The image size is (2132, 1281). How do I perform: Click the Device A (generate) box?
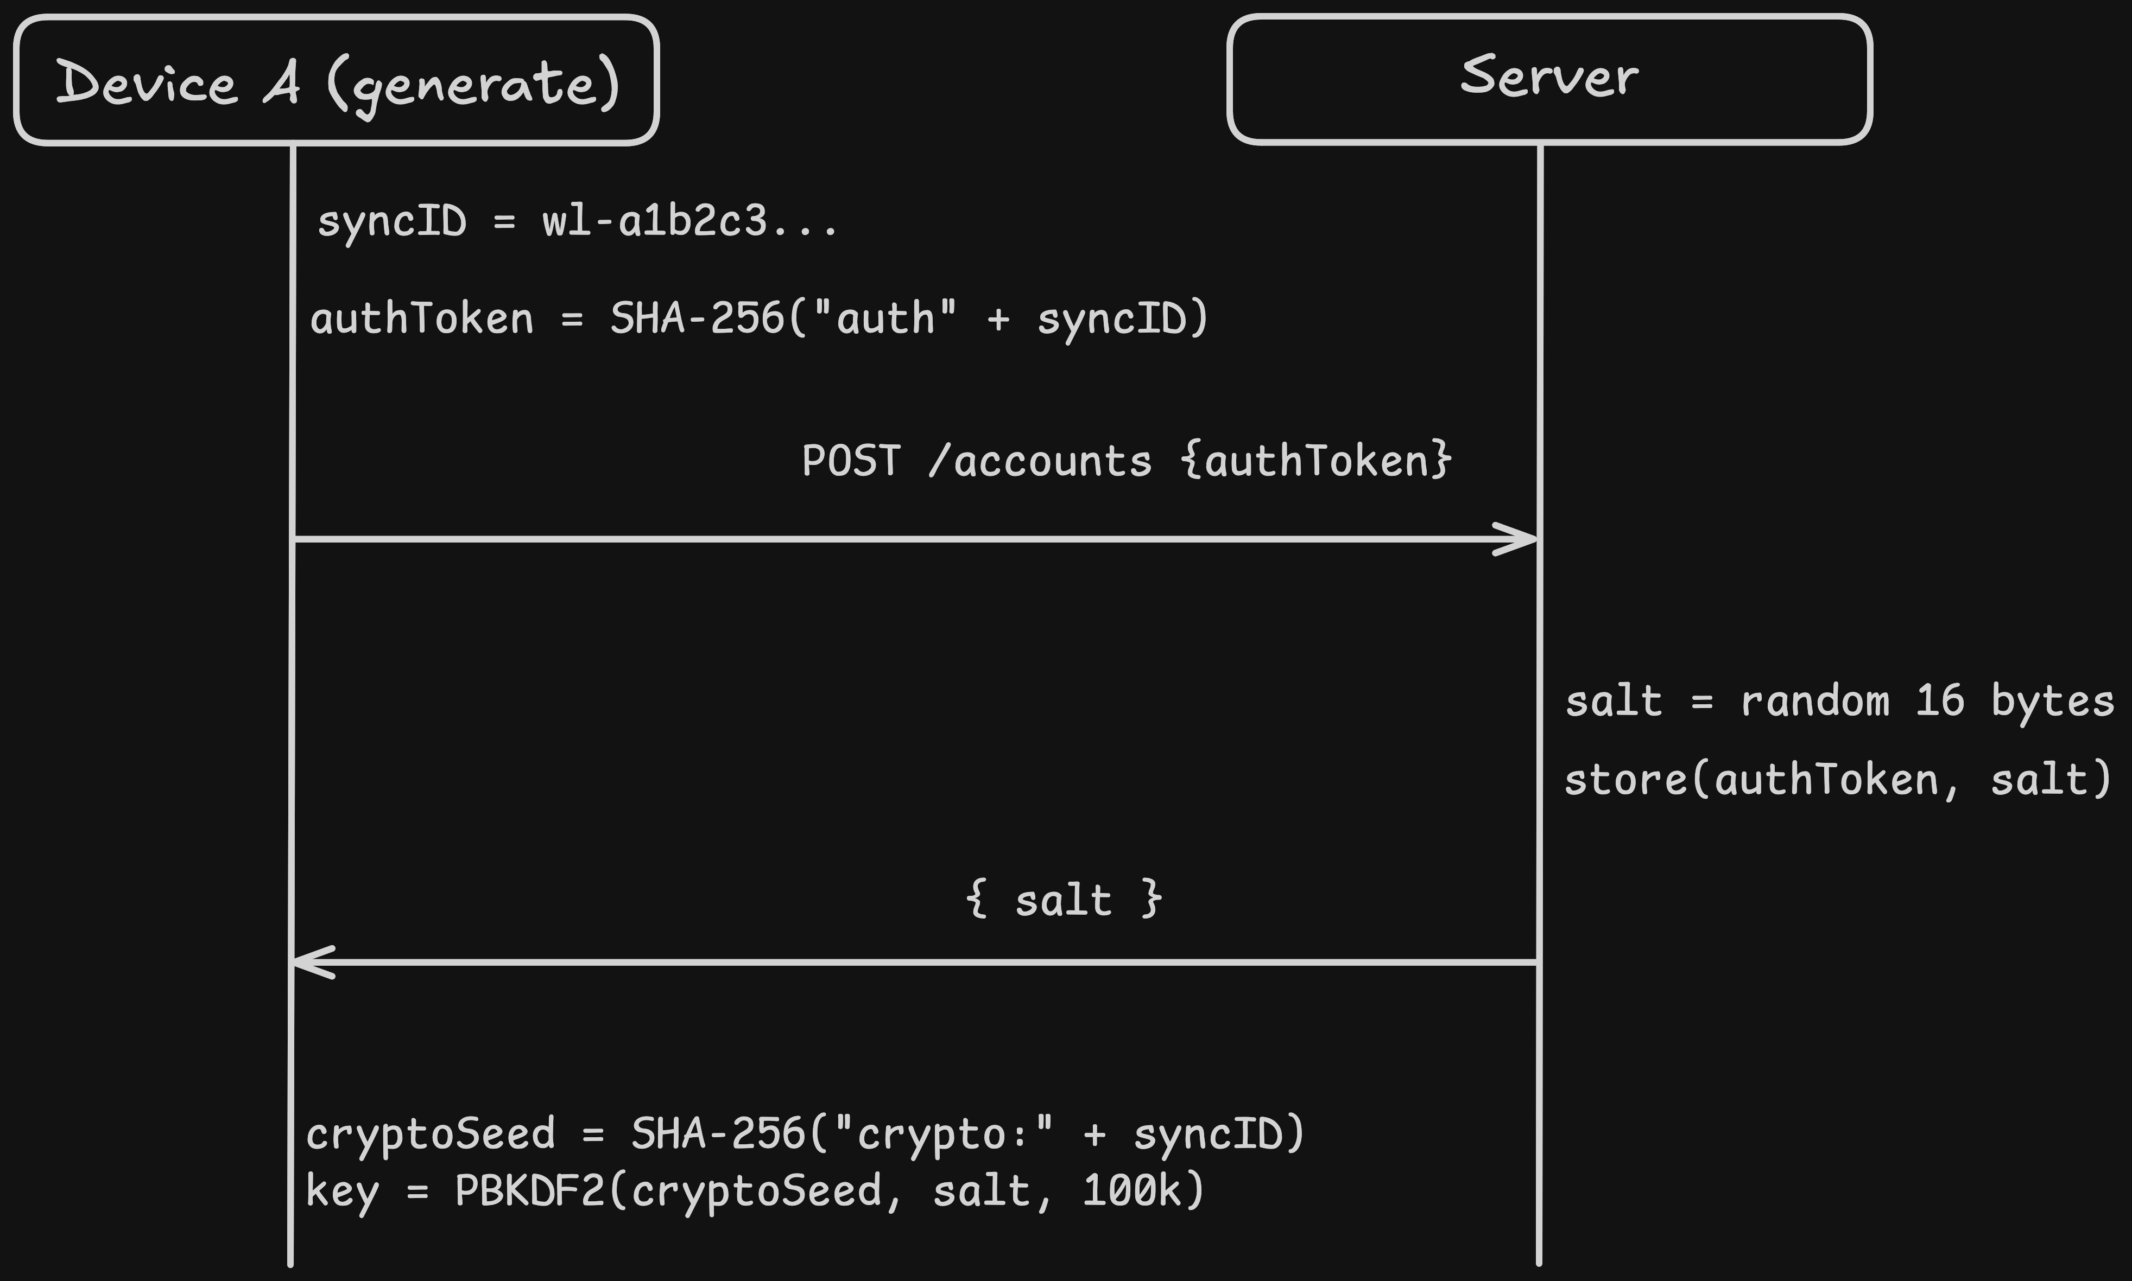coord(337,80)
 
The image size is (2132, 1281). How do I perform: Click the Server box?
coord(1549,79)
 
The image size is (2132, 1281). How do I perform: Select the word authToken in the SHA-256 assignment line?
coord(421,318)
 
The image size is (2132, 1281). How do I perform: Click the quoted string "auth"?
coord(884,318)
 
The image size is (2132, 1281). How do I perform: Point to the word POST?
coord(851,461)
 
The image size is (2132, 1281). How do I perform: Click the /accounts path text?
coord(1040,461)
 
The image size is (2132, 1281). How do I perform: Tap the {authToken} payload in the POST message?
coord(1316,461)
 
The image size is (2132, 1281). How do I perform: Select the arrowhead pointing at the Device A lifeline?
coord(313,961)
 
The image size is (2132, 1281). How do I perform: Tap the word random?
coord(1815,701)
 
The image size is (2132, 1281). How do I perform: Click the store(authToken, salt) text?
coord(1838,780)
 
